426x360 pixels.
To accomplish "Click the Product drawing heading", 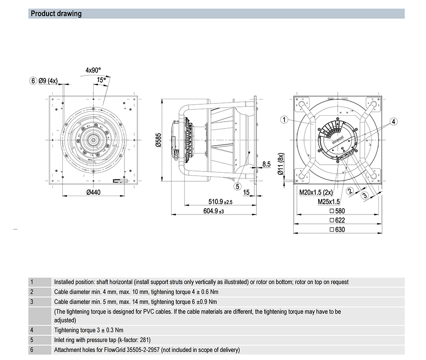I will coord(56,14).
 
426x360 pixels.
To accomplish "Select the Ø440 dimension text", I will coord(93,192).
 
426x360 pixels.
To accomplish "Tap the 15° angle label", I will coord(101,80).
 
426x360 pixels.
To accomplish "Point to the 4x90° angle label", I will coord(93,70).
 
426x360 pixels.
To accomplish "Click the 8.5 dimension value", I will coord(267,163).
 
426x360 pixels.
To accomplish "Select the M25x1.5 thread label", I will coord(328,202).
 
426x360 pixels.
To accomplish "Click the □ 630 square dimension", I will coord(337,229).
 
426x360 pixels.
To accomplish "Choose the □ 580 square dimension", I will coord(337,211).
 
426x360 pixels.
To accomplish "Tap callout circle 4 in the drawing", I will coord(394,122).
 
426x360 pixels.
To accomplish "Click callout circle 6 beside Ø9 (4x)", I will coord(32,81).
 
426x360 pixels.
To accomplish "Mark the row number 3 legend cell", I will coord(32,302).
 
